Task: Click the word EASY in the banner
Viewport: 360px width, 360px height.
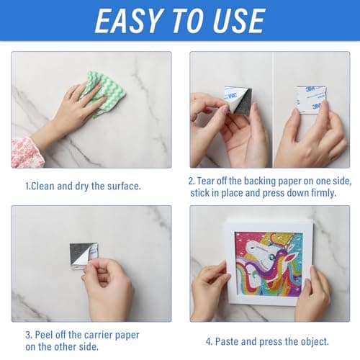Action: [x=128, y=21]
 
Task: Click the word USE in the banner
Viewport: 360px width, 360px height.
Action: [x=239, y=21]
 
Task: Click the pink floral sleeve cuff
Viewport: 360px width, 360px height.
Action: [x=27, y=153]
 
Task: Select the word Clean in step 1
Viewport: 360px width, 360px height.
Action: [x=42, y=186]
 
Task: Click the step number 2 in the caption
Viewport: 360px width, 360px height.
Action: [x=192, y=181]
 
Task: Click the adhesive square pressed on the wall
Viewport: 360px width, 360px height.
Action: [x=311, y=99]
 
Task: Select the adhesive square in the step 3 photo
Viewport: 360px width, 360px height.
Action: [x=84, y=256]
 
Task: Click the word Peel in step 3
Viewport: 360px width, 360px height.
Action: [x=44, y=335]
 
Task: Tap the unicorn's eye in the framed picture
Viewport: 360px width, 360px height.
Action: [x=271, y=258]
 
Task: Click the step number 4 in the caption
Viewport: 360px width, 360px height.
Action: [x=209, y=342]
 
